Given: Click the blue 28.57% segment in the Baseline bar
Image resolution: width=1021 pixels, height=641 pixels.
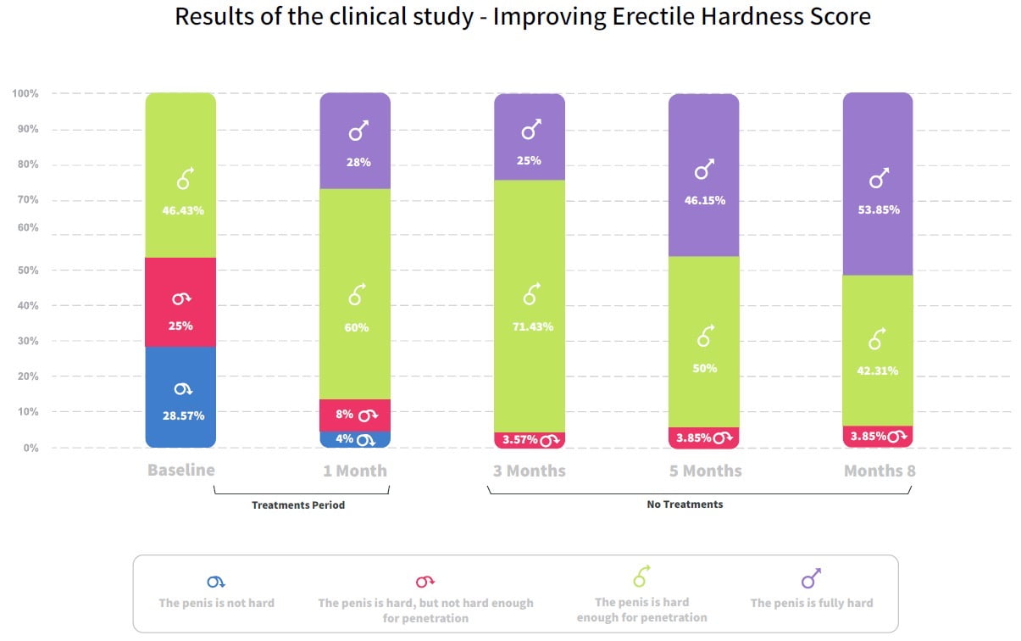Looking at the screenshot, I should pyautogui.click(x=180, y=399).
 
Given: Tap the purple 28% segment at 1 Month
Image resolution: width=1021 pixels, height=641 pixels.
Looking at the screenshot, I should pyautogui.click(x=355, y=142).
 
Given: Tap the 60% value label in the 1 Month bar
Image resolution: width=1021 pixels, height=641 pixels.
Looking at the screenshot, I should pyautogui.click(x=357, y=328).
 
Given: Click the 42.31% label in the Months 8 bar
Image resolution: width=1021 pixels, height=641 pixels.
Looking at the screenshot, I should pyautogui.click(x=878, y=371).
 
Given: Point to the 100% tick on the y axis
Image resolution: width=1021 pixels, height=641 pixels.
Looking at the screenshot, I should pyautogui.click(x=25, y=93).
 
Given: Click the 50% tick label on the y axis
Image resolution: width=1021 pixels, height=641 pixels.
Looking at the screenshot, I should pyautogui.click(x=28, y=270).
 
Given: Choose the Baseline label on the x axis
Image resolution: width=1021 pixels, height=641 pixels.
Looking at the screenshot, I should pyautogui.click(x=181, y=470).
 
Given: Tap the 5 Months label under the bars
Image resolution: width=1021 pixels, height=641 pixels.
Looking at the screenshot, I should pyautogui.click(x=705, y=471).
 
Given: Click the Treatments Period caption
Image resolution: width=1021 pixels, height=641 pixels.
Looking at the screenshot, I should pyautogui.click(x=298, y=505).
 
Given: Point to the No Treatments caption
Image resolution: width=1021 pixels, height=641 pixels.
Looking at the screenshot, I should pyautogui.click(x=685, y=504).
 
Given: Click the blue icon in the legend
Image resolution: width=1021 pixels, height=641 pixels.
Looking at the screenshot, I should pyautogui.click(x=216, y=582).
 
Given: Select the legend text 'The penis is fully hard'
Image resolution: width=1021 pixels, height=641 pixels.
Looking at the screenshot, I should pyautogui.click(x=811, y=603).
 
